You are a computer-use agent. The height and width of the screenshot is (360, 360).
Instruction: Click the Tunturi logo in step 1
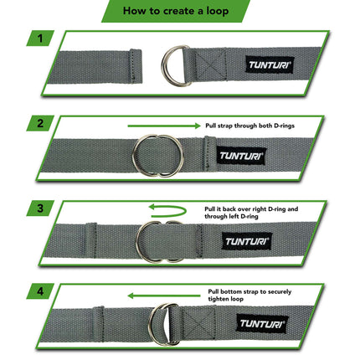pos(270,64)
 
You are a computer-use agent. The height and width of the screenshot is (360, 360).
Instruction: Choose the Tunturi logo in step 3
pos(247,241)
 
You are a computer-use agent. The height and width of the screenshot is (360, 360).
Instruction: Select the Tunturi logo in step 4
pos(260,323)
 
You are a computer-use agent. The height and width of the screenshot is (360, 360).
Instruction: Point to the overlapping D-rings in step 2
pos(158,154)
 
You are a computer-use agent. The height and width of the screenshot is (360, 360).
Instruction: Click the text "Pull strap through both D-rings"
pos(249,125)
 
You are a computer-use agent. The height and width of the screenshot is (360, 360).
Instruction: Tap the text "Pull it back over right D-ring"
pos(251,206)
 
